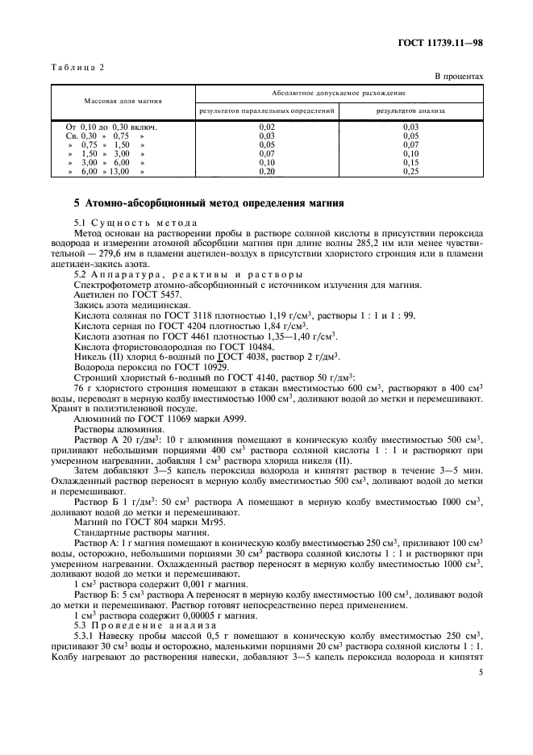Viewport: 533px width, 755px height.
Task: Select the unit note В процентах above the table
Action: point(458,76)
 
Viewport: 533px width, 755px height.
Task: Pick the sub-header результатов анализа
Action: point(411,110)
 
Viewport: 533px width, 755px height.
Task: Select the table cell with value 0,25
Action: point(411,172)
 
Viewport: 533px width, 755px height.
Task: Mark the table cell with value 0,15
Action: point(411,163)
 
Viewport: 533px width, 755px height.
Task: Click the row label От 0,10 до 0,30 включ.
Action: point(110,127)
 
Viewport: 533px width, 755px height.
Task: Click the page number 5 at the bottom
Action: point(481,670)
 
